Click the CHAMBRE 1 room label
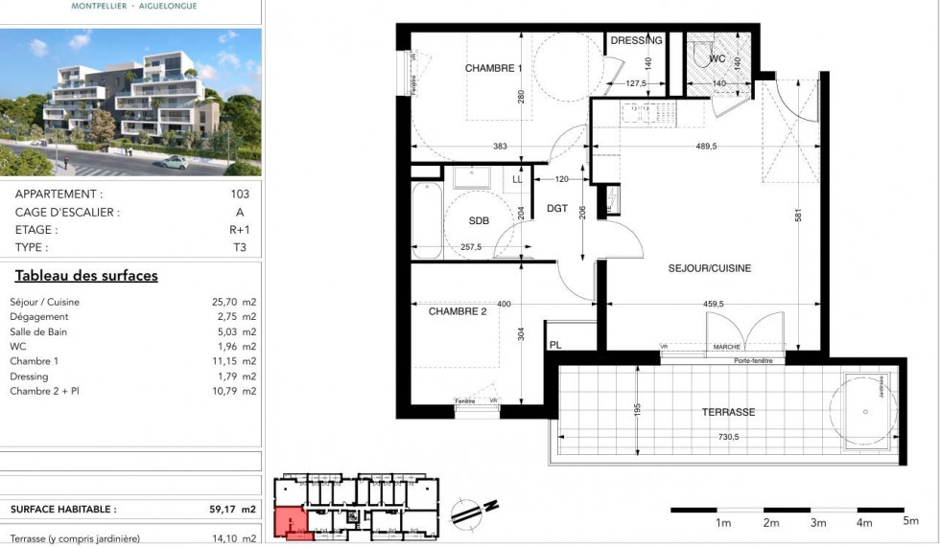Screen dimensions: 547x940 click(x=493, y=69)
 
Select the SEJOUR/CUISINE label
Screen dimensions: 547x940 click(x=710, y=269)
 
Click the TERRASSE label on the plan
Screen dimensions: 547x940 click(x=728, y=412)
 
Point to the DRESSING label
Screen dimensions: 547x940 click(x=636, y=41)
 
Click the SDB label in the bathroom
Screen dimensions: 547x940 click(x=479, y=220)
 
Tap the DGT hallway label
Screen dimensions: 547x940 click(x=557, y=209)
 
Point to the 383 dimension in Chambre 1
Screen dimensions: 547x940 click(x=500, y=147)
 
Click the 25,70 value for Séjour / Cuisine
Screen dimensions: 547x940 click(x=225, y=302)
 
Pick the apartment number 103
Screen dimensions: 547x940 click(x=240, y=194)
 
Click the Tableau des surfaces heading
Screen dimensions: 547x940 click(x=86, y=276)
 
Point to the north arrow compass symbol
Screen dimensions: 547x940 click(x=471, y=510)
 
